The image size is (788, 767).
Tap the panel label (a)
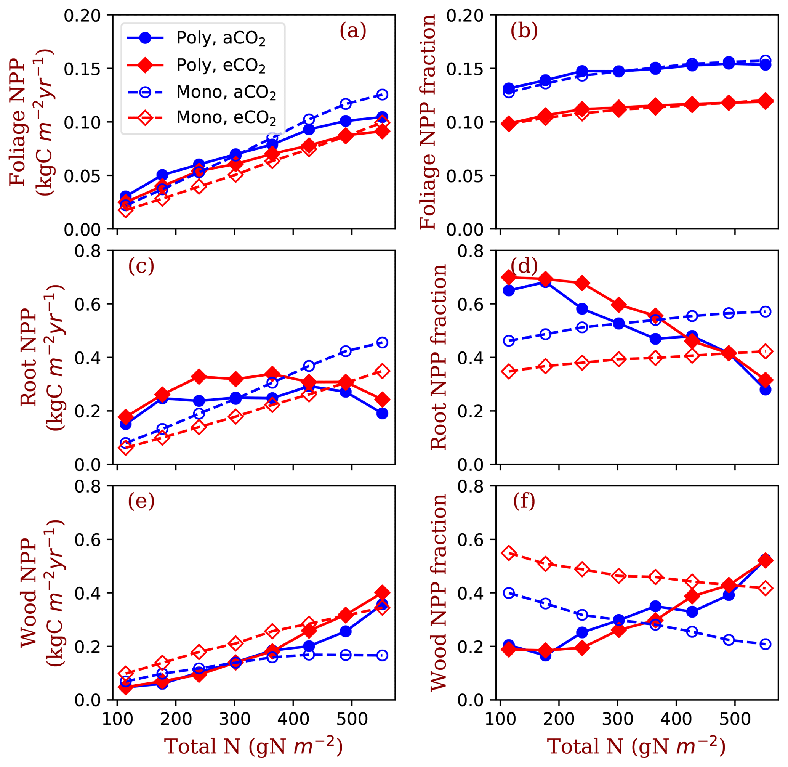pos(353,31)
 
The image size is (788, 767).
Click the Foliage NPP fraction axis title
pos(428,122)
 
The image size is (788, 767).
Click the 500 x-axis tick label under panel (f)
pos(735,719)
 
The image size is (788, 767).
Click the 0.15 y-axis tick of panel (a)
pos(82,69)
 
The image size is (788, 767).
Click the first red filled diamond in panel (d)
pos(509,277)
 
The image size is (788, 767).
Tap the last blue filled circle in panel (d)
pos(766,390)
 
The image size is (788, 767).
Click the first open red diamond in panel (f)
pos(509,553)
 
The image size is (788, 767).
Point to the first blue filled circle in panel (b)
pos(509,88)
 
